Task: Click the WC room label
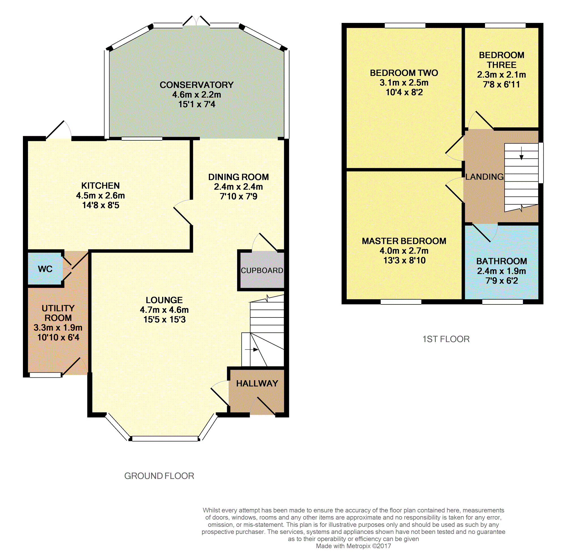click(x=45, y=269)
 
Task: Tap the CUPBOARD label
click(x=262, y=270)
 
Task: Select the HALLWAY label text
click(x=257, y=383)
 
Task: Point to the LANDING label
click(x=484, y=177)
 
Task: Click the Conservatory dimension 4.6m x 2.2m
click(x=196, y=94)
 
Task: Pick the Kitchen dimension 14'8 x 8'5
click(x=100, y=205)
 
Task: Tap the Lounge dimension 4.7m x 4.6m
click(x=164, y=310)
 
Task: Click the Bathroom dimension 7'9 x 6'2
click(x=502, y=281)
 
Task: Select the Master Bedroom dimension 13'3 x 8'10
click(x=404, y=260)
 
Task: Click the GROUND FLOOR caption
click(x=159, y=476)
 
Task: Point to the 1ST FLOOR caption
click(x=446, y=339)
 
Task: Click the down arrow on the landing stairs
click(x=521, y=153)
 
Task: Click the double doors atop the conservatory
click(x=196, y=21)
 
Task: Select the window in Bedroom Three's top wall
click(x=505, y=26)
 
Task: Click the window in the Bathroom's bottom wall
click(x=502, y=302)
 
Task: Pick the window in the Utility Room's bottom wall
click(x=45, y=375)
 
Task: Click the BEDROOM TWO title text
click(x=404, y=73)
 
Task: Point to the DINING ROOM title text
click(x=238, y=177)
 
